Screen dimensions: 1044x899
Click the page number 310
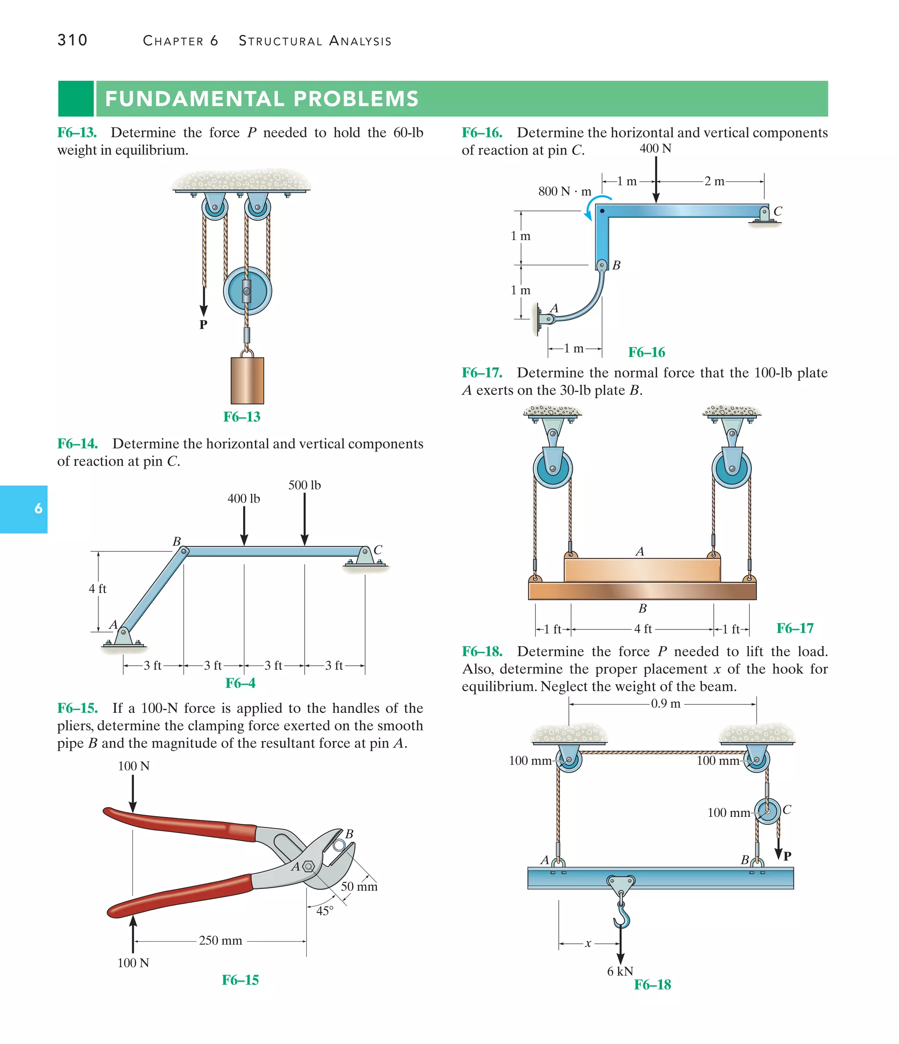[x=72, y=40]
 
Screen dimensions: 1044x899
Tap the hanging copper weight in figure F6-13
[x=247, y=380]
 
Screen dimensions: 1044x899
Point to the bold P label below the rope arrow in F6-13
[x=203, y=325]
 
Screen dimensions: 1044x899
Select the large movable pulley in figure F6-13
[x=247, y=291]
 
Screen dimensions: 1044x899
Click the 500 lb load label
[x=304, y=485]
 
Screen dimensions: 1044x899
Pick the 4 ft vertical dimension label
[x=98, y=589]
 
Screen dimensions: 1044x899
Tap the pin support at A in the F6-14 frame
[x=123, y=636]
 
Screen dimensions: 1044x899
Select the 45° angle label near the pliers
[x=325, y=911]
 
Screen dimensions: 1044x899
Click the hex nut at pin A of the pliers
[x=308, y=867]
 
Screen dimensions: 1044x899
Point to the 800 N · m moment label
[x=565, y=191]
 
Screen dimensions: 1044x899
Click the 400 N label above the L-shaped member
[x=655, y=148]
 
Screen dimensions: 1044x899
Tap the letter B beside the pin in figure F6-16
[x=616, y=265]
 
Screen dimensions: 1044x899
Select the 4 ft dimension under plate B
[x=643, y=629]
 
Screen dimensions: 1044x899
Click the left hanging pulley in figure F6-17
[x=553, y=469]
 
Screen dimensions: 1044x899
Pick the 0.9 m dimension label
[x=665, y=704]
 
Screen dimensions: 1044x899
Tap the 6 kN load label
[x=620, y=971]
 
